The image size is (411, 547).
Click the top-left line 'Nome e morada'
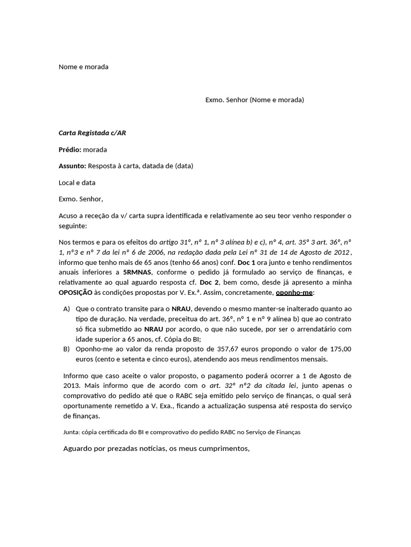coord(83,67)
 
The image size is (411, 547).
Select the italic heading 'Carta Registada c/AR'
coord(92,133)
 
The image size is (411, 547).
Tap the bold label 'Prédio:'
coord(70,150)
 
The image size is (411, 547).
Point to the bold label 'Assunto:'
coord(72,166)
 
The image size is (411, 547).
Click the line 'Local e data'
coord(77,183)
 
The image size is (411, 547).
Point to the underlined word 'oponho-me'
coord(294,292)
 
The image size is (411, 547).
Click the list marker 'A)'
coord(66,309)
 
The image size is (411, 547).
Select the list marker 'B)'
coord(66,349)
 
